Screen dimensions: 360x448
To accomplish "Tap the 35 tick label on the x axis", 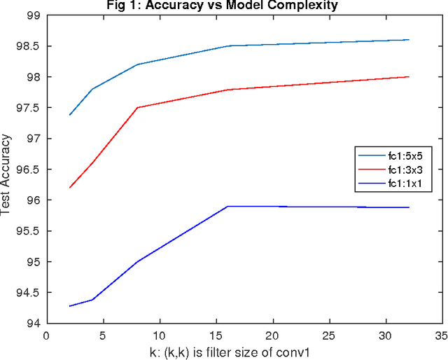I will (x=442, y=335).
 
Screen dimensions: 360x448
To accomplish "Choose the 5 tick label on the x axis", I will (x=103, y=335).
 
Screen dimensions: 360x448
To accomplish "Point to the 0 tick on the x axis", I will (x=46, y=335).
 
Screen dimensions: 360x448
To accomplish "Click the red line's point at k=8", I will (x=137, y=108).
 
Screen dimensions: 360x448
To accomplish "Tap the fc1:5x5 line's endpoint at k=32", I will (x=409, y=40).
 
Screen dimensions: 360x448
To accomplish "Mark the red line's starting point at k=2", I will (x=69, y=188).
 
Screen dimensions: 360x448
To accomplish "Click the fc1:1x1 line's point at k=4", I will (x=92, y=300).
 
